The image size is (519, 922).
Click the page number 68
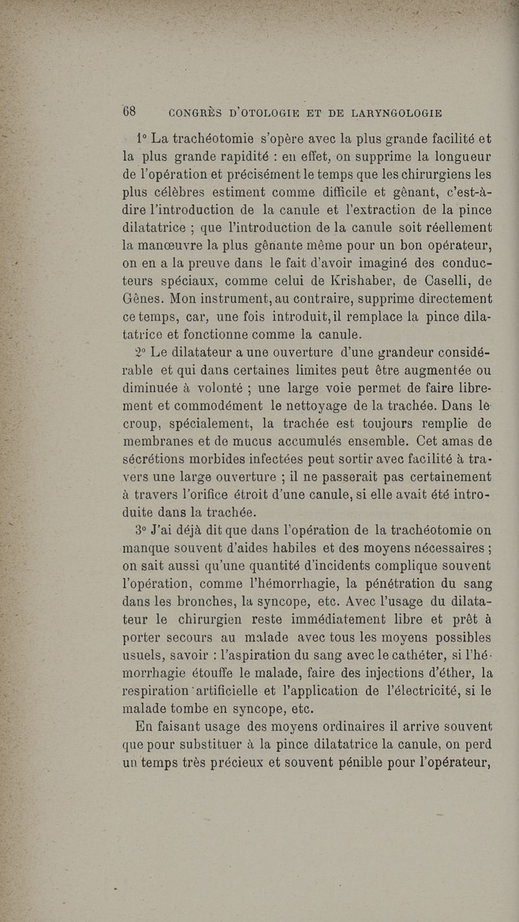point(129,111)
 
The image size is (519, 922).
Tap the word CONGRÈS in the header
point(195,113)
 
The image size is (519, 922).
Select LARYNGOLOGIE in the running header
point(397,113)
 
